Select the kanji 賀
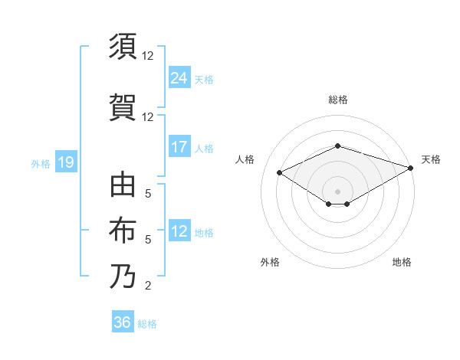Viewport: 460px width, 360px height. pos(123,106)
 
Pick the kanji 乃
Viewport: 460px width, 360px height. pos(123,275)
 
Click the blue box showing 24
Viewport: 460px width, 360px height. pos(179,77)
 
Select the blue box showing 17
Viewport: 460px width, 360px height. pos(179,147)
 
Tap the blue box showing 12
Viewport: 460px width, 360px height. pos(179,232)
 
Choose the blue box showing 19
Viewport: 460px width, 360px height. pos(66,162)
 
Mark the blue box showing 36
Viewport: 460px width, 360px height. pos(123,322)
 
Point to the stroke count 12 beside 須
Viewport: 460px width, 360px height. pos(147,56)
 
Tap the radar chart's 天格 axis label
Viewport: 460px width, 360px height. pos(431,159)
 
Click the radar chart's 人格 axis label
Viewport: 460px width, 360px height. pos(245,159)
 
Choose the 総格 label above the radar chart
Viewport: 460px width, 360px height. pos(338,100)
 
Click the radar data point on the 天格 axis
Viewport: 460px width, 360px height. pos(412,168)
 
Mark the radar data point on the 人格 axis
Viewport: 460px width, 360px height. pos(280,172)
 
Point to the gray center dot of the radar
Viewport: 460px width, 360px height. pos(338,190)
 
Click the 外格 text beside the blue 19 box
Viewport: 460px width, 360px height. pos(40,163)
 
